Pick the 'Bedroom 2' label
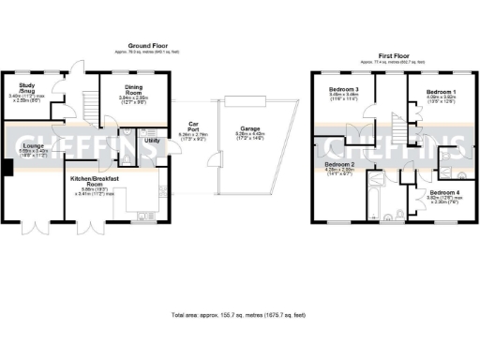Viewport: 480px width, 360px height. coord(338,164)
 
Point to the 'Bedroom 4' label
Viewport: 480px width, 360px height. coord(432,191)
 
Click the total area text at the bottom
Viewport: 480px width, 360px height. coord(240,314)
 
